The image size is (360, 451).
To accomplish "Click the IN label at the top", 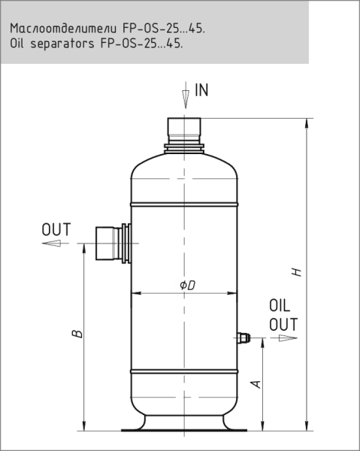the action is tap(201, 90).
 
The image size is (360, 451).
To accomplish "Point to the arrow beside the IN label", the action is tap(186, 95).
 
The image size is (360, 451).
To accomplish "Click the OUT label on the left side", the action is tap(56, 229).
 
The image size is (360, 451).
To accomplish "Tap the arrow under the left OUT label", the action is tap(51, 244).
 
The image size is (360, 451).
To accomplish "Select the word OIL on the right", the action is tap(280, 305).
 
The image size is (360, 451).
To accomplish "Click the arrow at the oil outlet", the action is tap(288, 338).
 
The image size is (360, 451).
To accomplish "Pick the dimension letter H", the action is tap(297, 272).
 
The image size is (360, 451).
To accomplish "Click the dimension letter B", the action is tap(77, 334).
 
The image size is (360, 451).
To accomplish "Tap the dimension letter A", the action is tap(256, 384).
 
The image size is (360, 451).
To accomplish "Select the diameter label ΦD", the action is tap(187, 286).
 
